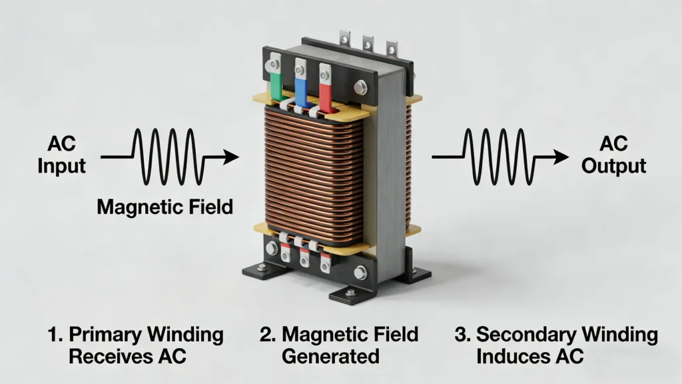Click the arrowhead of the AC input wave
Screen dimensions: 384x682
(x=230, y=157)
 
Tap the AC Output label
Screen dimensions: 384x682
(x=613, y=155)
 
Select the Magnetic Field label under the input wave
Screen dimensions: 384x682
(x=165, y=207)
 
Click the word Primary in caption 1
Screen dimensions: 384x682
(x=106, y=335)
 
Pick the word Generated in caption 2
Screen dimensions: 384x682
(x=330, y=356)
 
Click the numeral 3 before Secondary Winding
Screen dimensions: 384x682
(x=462, y=335)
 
